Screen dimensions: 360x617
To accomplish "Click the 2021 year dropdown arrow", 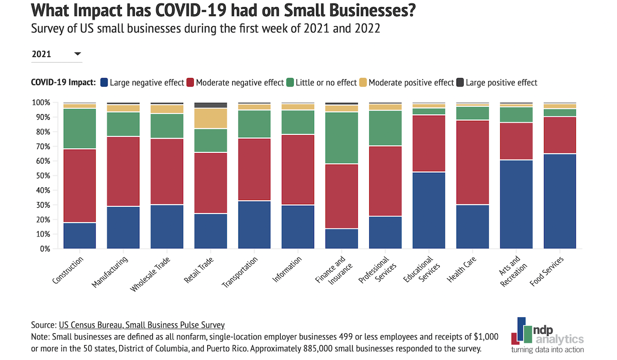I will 78,54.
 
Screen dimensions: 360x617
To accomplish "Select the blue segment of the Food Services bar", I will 559,201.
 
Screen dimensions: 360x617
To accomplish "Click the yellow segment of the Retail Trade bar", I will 210,118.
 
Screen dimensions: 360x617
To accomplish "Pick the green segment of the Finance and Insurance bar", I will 341,137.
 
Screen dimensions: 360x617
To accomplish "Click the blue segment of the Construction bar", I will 79,236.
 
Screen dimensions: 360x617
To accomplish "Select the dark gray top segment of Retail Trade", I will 210,105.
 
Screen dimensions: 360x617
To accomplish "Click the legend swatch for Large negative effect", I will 104,82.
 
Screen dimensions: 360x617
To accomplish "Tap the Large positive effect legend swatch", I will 460,82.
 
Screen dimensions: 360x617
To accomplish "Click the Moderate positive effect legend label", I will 411,82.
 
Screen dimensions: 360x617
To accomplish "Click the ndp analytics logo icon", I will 523,331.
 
